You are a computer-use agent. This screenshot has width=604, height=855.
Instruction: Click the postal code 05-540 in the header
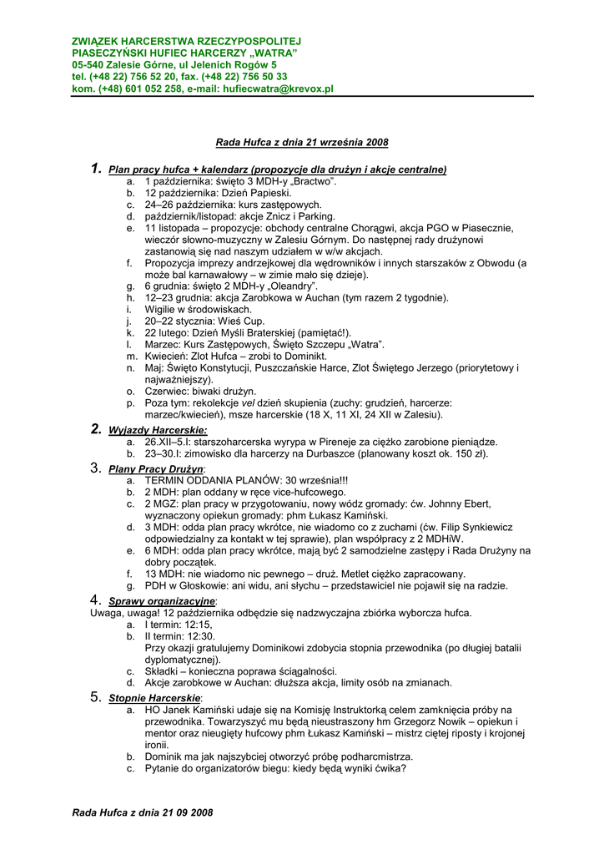(88, 64)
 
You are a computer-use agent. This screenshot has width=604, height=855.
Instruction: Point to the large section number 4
(95, 600)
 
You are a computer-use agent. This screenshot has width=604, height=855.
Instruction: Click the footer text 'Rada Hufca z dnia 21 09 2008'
(143, 812)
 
